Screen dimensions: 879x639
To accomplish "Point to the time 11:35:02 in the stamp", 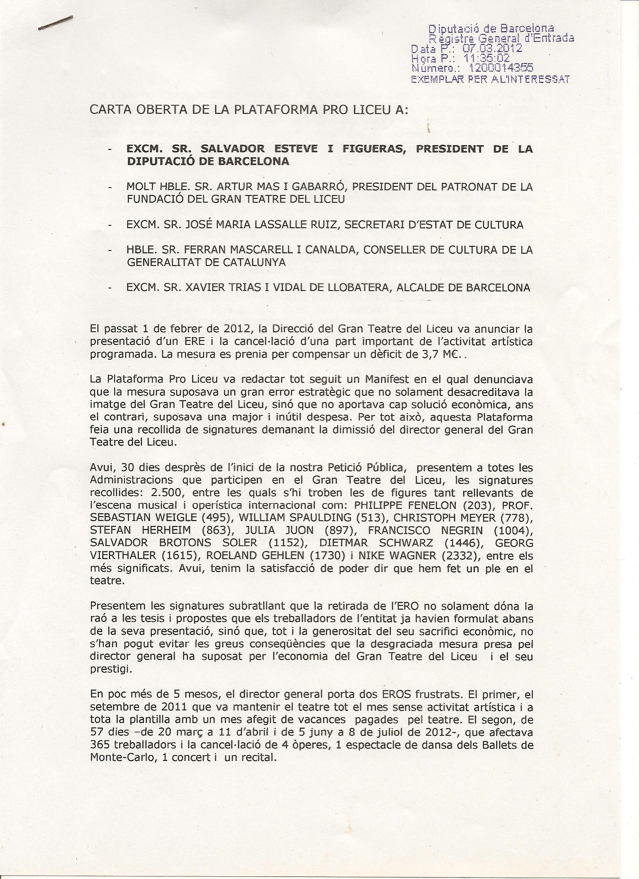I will tap(483, 59).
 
